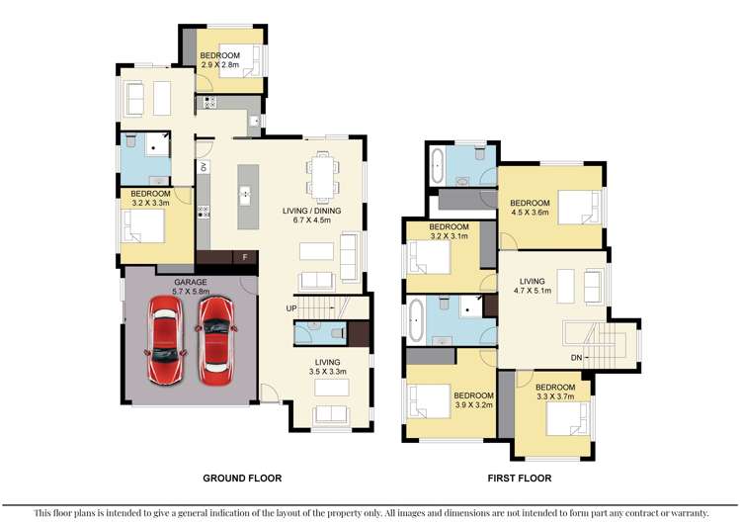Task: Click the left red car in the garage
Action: pyautogui.click(x=166, y=339)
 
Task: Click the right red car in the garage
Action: pyautogui.click(x=214, y=341)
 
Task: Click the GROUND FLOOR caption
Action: pyautogui.click(x=242, y=478)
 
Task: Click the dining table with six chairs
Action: pyautogui.click(x=322, y=176)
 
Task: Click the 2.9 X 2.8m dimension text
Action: pyautogui.click(x=221, y=64)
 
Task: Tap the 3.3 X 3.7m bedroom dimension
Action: pyautogui.click(x=555, y=395)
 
